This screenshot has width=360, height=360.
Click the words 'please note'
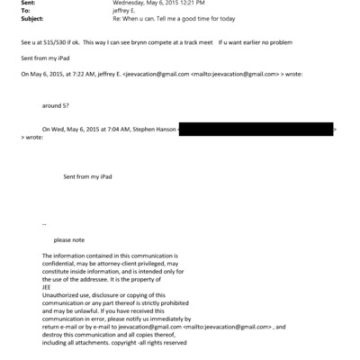(x=69, y=239)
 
